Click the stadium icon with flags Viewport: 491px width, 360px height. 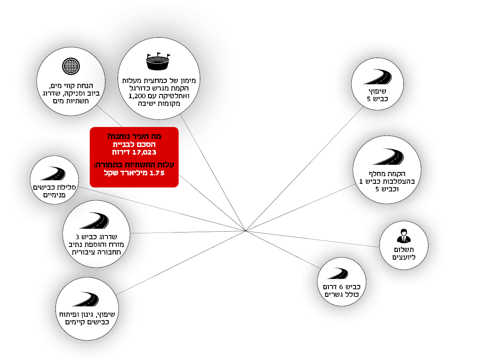[158, 62]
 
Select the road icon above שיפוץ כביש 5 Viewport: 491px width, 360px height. [377, 77]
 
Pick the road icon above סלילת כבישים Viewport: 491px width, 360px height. [53, 174]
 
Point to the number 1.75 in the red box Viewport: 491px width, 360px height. [156, 173]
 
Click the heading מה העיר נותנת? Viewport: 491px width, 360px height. [134, 136]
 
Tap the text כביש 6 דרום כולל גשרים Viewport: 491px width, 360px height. [341, 290]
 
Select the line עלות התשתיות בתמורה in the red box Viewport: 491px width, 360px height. [134, 165]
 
